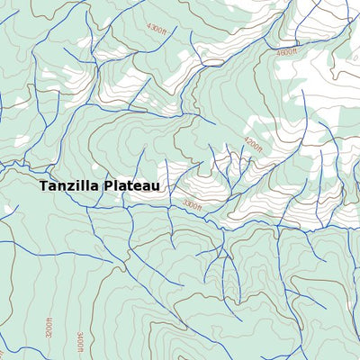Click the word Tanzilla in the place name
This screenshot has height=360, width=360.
coord(69,186)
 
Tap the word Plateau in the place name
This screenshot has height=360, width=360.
coord(131,186)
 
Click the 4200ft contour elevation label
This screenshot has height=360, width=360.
coord(254,143)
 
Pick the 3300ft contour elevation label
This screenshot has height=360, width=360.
coord(193,205)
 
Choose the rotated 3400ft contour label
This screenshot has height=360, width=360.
coord(80,343)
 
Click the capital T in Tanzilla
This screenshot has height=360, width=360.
coord(43,186)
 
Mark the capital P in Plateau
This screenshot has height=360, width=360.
coord(108,186)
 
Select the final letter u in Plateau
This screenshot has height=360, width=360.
coord(156,186)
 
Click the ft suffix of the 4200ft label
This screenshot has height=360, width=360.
coord(261,149)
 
